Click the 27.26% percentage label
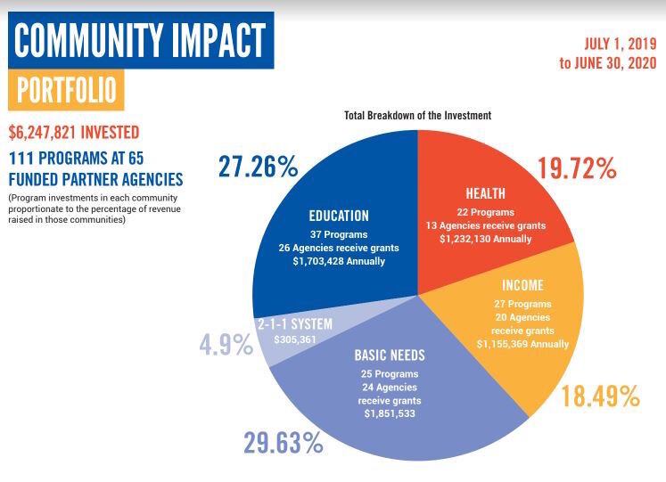(258, 167)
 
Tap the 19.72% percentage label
(576, 167)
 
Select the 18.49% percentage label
(600, 396)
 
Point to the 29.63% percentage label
(284, 443)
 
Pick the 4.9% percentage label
(226, 345)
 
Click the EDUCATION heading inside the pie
(338, 216)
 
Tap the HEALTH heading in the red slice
(485, 193)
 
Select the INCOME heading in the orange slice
(522, 286)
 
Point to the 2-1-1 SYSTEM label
(294, 324)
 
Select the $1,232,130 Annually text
(487, 239)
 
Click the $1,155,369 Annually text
(522, 343)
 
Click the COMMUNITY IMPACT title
(140, 40)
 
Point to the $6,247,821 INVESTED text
(74, 133)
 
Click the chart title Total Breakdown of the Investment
(417, 116)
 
